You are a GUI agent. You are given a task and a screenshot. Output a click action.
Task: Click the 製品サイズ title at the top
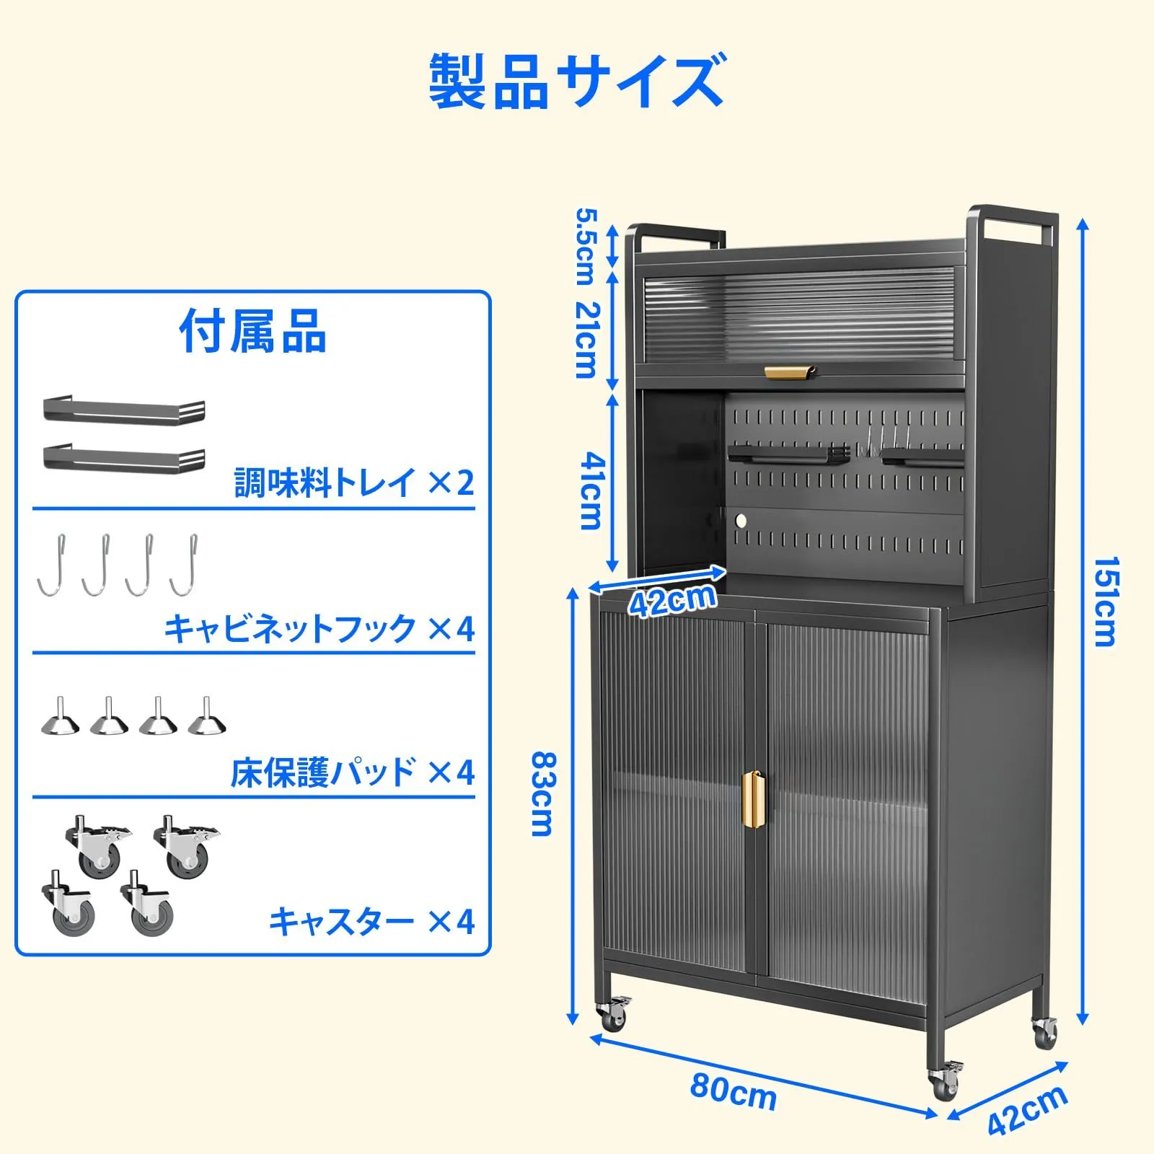tap(577, 82)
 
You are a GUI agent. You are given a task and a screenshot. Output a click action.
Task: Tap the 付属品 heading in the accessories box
tap(252, 331)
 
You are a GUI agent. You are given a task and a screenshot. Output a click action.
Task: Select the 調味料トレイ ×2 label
tap(354, 482)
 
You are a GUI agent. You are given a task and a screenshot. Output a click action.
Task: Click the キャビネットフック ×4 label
tap(320, 628)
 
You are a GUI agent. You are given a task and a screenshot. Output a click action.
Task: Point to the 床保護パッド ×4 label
tap(353, 772)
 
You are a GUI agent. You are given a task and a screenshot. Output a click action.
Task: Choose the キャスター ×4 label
tap(371, 921)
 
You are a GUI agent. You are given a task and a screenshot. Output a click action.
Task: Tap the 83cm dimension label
tap(542, 793)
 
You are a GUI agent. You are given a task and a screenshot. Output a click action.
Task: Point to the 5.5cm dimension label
tap(586, 245)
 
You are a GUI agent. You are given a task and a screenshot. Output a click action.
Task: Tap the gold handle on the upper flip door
tap(790, 371)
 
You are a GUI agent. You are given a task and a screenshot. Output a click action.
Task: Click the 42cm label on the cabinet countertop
tap(672, 600)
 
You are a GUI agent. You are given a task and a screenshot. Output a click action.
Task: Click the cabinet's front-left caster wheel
tap(612, 1016)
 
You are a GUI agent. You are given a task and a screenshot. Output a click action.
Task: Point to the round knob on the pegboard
tap(741, 519)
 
